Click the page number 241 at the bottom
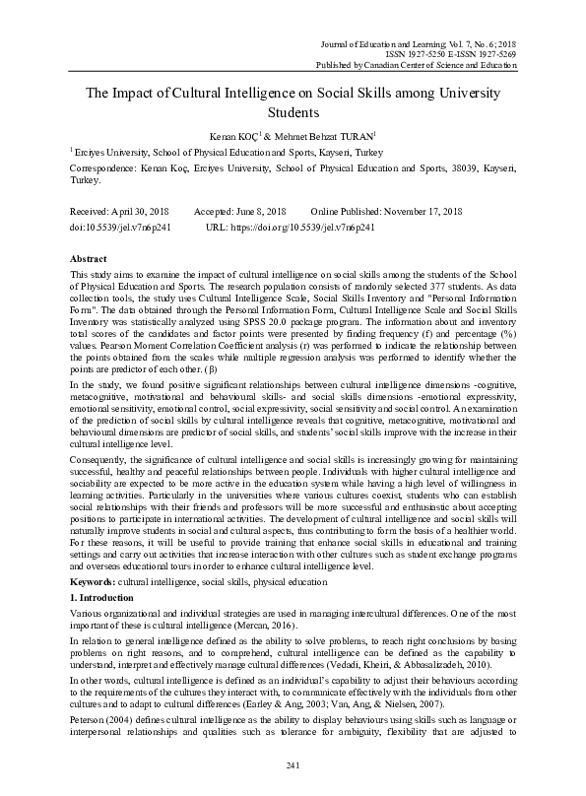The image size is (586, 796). (293, 765)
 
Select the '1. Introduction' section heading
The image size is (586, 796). (102, 598)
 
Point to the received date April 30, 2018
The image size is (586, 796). (145, 212)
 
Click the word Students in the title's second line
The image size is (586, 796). (293, 113)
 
